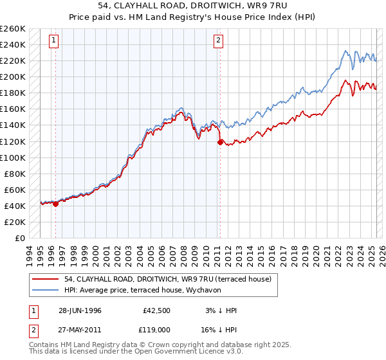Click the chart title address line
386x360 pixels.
pos(193,6)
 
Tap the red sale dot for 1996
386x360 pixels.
pos(55,204)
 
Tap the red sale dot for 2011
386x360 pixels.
pos(220,142)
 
